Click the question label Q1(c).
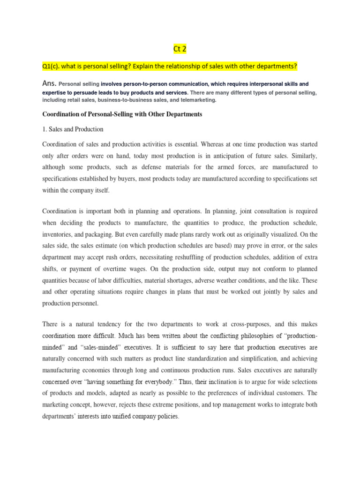click(53, 67)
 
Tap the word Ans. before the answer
click(49, 83)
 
